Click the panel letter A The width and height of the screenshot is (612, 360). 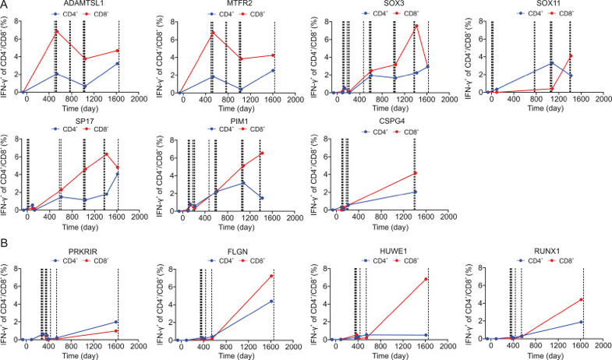coord(4,5)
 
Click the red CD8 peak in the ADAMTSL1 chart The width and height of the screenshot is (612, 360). coord(57,31)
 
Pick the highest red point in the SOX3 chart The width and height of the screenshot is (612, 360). coord(417,26)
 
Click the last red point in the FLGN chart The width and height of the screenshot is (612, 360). coord(271,276)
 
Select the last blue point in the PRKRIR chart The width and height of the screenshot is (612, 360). coord(116,322)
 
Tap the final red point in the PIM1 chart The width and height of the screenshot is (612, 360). coord(262,154)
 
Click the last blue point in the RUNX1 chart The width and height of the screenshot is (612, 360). coord(581,322)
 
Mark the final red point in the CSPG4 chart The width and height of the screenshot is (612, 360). coord(416,173)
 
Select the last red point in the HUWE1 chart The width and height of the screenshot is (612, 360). coord(426,279)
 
